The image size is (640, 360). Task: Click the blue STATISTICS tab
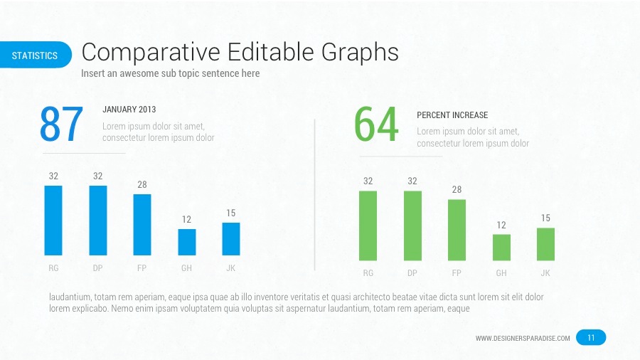point(35,55)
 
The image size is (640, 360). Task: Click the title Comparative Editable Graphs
point(240,52)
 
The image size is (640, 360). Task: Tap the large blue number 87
point(62,125)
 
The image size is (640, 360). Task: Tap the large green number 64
point(376,125)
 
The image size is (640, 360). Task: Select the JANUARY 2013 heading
point(129,110)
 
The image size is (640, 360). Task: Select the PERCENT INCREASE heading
point(452,115)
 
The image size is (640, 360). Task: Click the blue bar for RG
point(53,221)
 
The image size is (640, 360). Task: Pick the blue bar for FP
point(142,225)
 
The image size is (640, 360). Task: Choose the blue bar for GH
point(186,242)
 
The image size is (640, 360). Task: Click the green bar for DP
point(412,226)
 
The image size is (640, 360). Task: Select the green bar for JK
point(545,244)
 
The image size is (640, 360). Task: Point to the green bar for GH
point(501,247)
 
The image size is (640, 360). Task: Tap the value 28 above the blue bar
point(142,185)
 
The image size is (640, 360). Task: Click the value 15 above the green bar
point(545,218)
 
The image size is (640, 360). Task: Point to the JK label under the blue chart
point(230,268)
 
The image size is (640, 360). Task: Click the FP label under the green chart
point(457,273)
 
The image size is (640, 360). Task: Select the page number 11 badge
point(591,338)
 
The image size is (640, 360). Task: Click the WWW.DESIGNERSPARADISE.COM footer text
point(523,339)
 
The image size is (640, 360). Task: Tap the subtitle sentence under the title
point(170,73)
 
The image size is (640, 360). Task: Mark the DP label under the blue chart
point(97,268)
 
